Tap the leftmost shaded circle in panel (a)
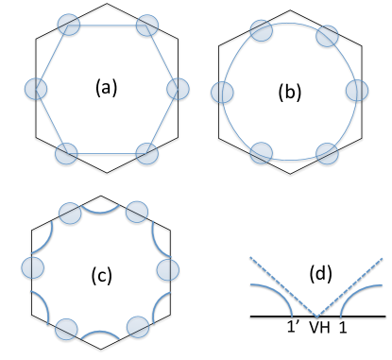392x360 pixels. coord(35,89)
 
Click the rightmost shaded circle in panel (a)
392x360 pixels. coord(177,89)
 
